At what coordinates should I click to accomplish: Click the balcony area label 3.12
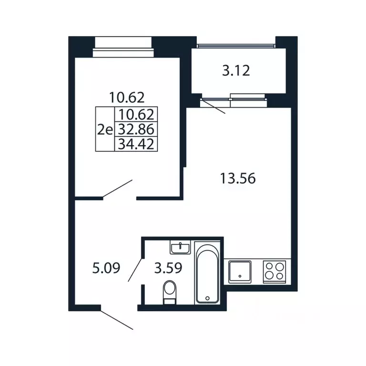(236, 71)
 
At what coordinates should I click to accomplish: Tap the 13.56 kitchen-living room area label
(238, 179)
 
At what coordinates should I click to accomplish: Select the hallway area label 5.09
(106, 268)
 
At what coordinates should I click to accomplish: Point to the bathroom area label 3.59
(168, 268)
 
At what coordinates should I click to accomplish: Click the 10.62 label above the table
(127, 97)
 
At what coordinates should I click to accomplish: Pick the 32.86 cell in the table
(136, 129)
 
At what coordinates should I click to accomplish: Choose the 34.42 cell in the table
(136, 144)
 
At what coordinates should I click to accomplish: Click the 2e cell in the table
(105, 130)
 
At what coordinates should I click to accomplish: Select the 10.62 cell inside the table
(137, 114)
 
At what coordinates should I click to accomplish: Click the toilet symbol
(170, 292)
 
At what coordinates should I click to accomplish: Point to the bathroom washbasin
(180, 247)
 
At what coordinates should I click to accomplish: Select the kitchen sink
(240, 272)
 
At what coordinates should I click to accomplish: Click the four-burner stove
(274, 272)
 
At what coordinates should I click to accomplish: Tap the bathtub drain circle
(207, 298)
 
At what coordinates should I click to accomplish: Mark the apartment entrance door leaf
(117, 320)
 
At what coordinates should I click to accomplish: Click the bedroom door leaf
(118, 189)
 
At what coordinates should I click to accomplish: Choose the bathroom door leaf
(135, 270)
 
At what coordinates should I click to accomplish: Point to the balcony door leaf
(213, 106)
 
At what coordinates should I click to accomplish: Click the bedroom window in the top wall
(123, 47)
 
